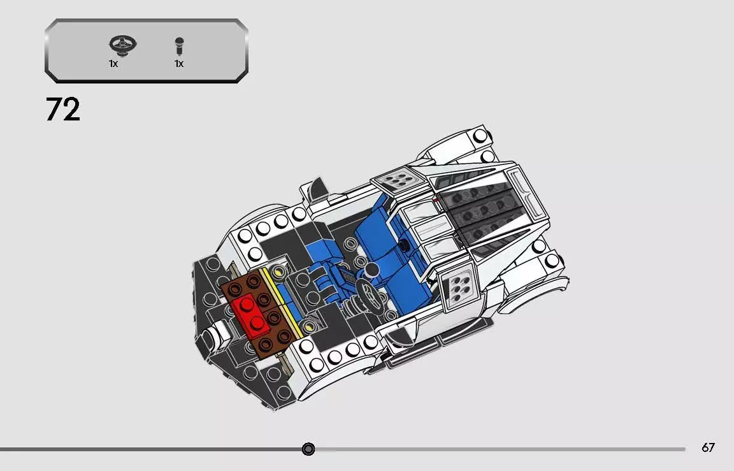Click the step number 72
[63, 110]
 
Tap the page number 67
[708, 447]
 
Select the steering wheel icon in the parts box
[118, 45]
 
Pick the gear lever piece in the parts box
[179, 46]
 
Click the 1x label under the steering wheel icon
[113, 64]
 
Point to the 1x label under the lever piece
[179, 64]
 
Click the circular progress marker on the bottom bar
[308, 449]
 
